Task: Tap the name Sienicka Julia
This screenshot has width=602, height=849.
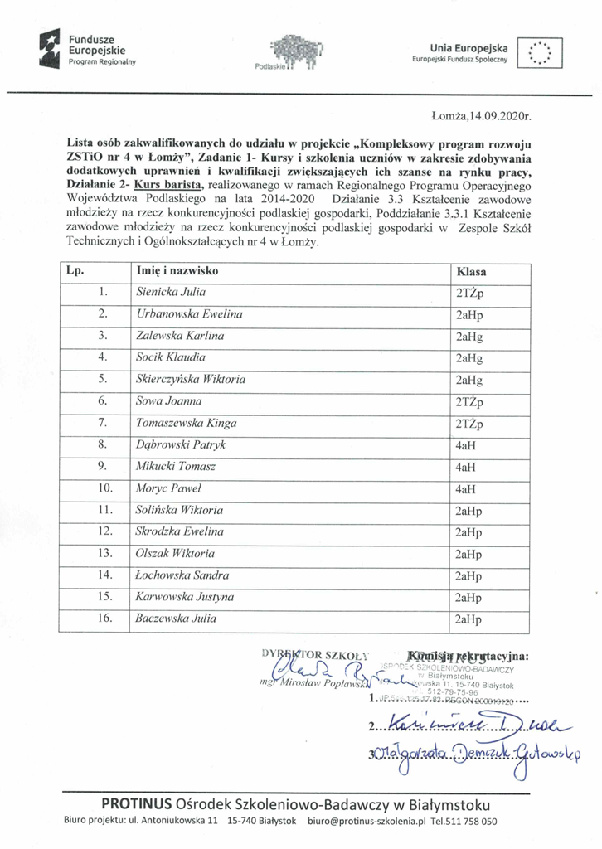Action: [171, 292]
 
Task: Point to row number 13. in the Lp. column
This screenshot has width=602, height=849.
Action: [104, 553]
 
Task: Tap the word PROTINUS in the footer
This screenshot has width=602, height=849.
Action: [137, 804]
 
